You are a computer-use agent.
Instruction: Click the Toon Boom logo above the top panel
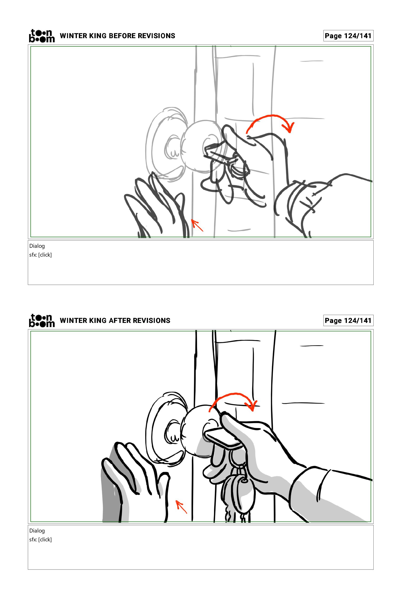click(42, 36)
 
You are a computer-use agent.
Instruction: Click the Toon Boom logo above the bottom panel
click(42, 321)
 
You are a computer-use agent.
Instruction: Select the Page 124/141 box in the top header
click(348, 36)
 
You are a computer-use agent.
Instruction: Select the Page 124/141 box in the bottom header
click(348, 321)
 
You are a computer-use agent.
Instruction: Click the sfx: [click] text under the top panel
click(40, 255)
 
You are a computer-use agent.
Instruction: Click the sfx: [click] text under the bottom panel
click(40, 539)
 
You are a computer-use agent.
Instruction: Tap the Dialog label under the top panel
click(37, 246)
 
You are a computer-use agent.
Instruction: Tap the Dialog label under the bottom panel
click(37, 531)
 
